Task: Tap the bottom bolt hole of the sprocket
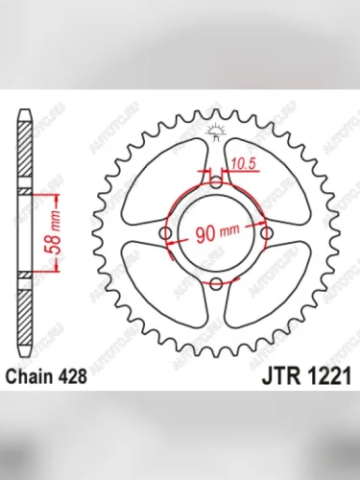pos(217,281)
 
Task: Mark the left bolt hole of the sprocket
pos(167,232)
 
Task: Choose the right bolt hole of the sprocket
pos(266,232)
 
